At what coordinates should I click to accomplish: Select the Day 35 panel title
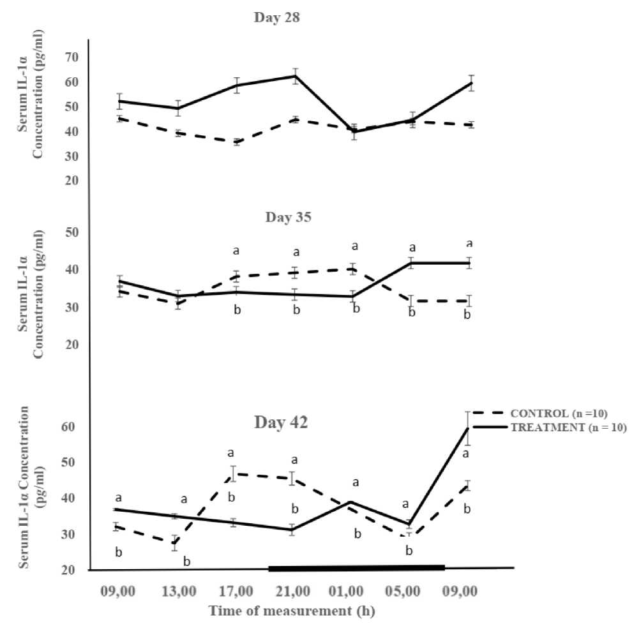289,217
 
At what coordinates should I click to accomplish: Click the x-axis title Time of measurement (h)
292,611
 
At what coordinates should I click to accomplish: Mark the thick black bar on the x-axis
356,567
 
